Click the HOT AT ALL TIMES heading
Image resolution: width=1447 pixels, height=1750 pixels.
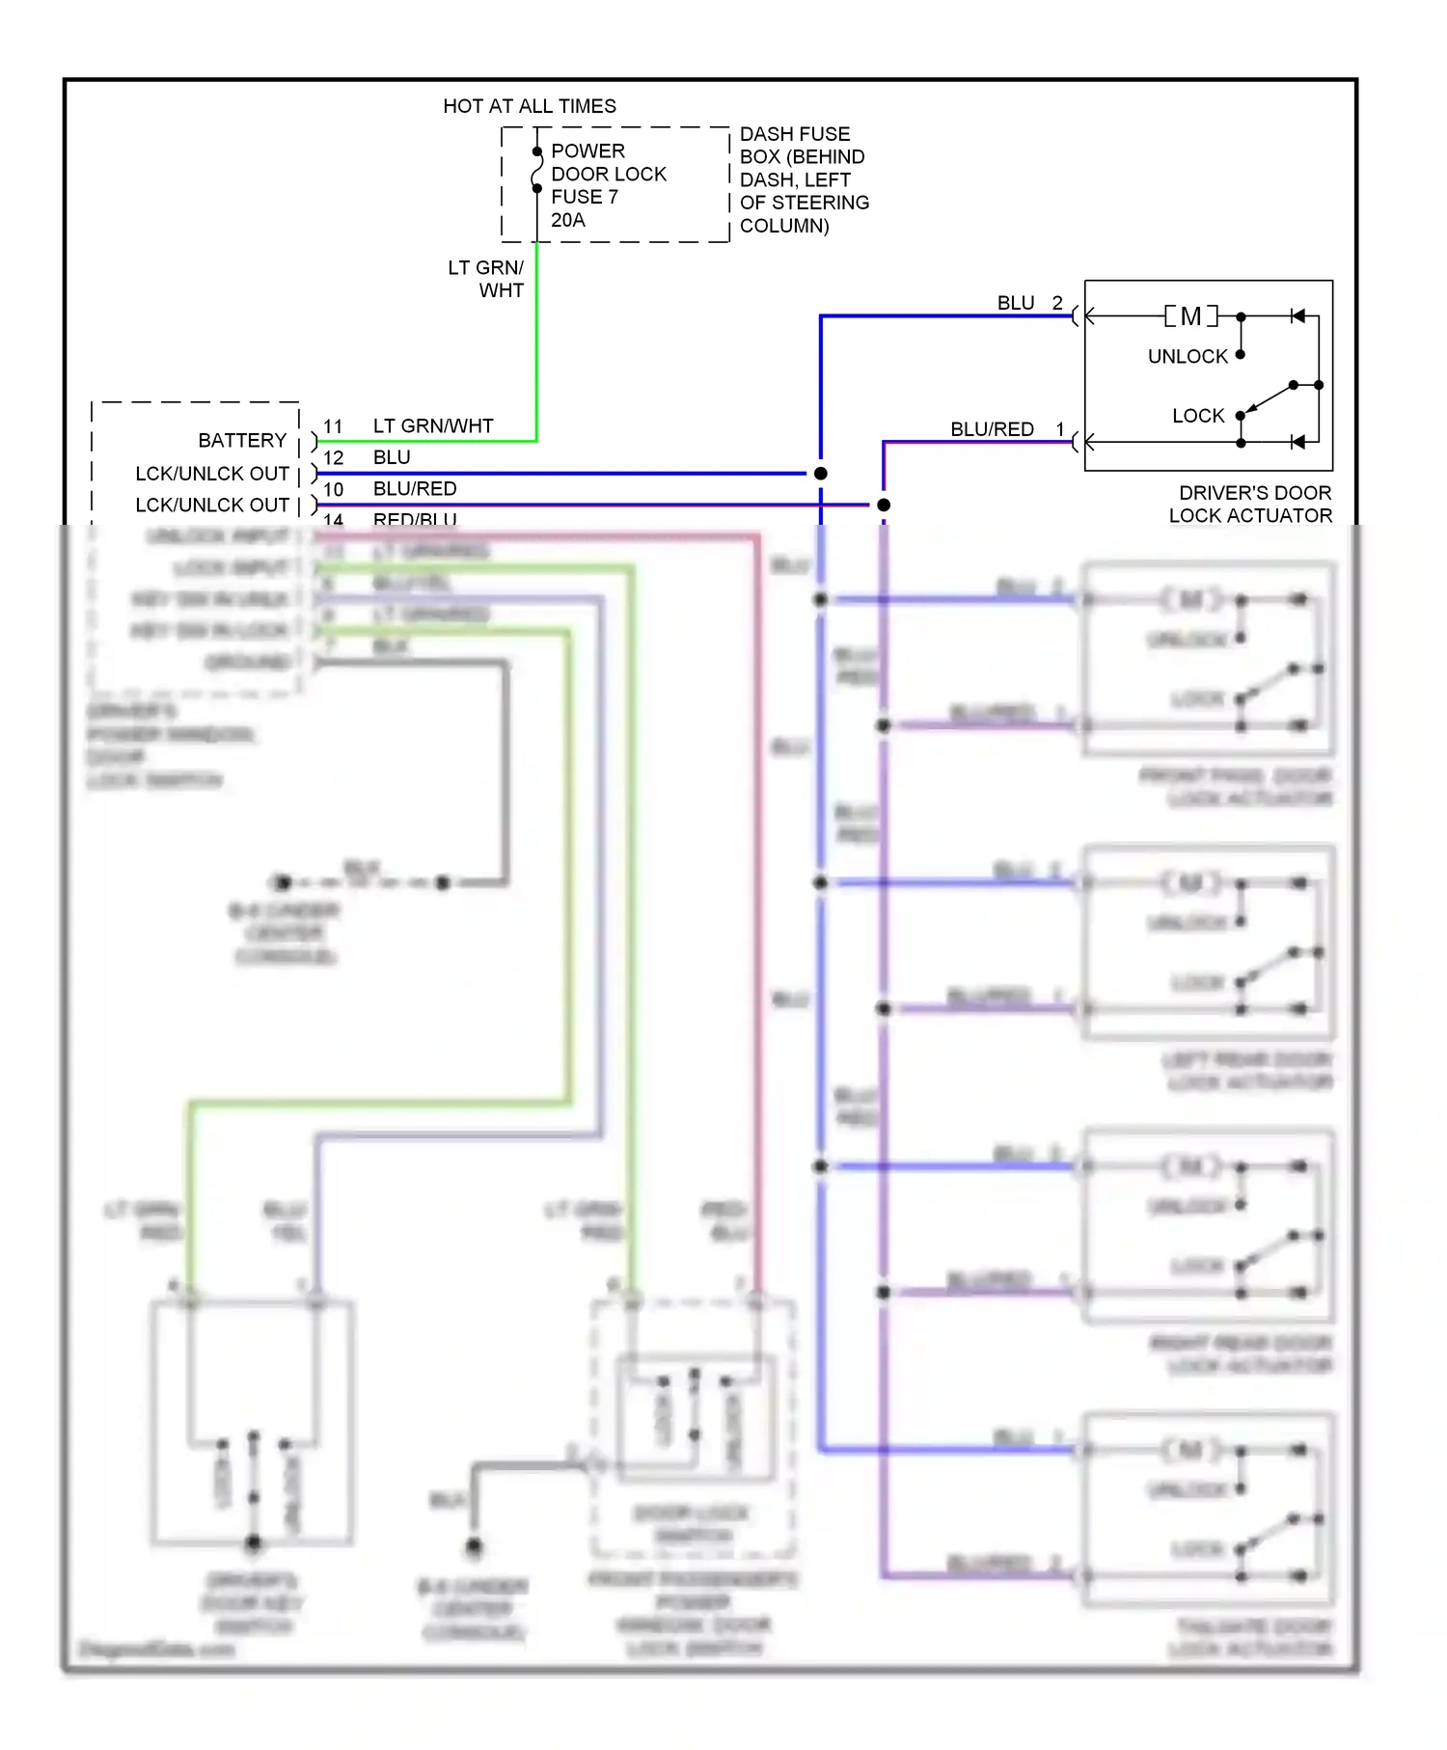coord(529,106)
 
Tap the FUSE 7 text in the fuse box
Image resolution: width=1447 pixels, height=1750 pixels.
coord(584,197)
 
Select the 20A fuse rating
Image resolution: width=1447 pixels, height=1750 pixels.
coord(567,220)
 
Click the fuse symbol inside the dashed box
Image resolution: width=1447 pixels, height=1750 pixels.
coord(536,171)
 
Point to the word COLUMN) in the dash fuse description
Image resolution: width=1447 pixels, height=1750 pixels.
coord(783,226)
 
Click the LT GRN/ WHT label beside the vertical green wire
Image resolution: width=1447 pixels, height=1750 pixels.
coord(487,279)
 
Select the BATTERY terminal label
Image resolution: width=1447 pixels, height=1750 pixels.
coord(242,441)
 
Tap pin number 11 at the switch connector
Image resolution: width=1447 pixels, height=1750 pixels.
coord(333,426)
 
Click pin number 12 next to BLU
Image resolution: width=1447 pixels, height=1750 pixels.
coord(333,458)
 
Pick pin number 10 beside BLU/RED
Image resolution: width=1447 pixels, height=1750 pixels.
coord(333,490)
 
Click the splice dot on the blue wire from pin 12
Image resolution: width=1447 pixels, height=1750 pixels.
coord(820,474)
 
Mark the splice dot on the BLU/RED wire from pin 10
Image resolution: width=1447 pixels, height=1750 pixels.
coord(883,505)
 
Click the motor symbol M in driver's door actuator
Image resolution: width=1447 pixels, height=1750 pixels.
coord(1190,316)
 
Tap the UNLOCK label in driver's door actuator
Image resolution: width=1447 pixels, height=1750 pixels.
coord(1188,357)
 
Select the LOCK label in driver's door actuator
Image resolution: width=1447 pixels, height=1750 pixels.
coord(1197,416)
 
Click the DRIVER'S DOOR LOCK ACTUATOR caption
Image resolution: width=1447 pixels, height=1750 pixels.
coord(1251,505)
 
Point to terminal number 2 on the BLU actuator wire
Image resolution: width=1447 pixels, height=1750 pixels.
coord(1057,303)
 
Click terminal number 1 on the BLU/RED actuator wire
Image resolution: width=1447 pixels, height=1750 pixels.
coord(1060,429)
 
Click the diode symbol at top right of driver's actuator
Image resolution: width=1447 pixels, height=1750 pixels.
coord(1298,316)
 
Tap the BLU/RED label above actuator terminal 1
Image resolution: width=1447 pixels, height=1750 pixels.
coord(992,429)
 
